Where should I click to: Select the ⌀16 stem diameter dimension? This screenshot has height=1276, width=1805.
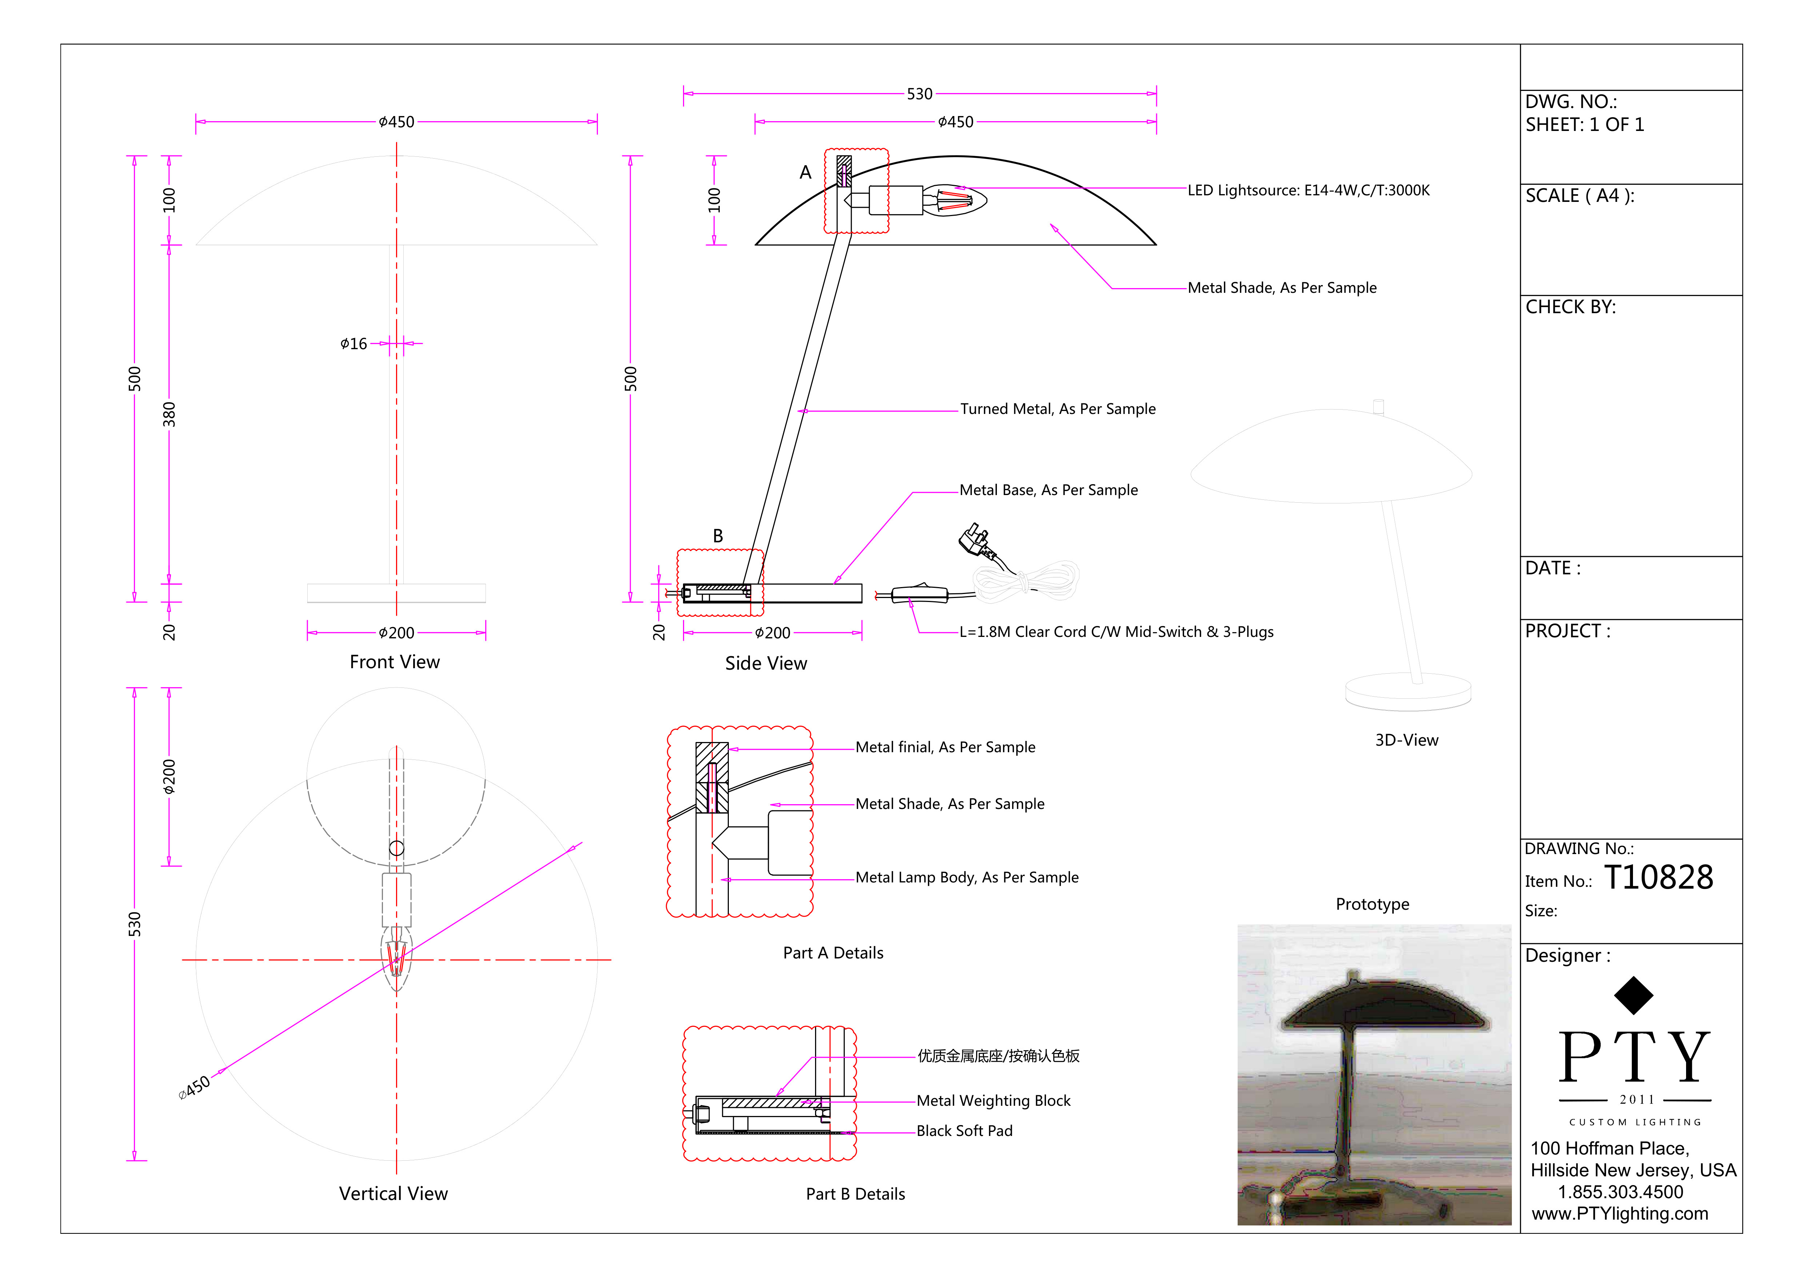[x=354, y=344]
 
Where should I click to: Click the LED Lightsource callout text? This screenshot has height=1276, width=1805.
[x=1308, y=190]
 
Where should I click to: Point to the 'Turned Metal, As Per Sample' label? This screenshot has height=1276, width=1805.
[x=1057, y=409]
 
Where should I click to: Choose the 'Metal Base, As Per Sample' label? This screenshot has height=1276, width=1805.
[x=1048, y=490]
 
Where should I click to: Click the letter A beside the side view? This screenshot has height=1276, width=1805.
[x=805, y=172]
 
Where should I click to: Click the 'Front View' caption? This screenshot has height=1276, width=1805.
[x=395, y=662]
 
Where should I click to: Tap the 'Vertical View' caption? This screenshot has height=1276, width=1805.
[x=393, y=1193]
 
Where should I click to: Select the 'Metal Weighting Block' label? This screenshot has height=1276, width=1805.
[x=993, y=1101]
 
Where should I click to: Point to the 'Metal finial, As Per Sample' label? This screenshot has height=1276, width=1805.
[x=945, y=747]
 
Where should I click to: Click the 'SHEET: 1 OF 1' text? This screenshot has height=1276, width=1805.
[x=1584, y=125]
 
